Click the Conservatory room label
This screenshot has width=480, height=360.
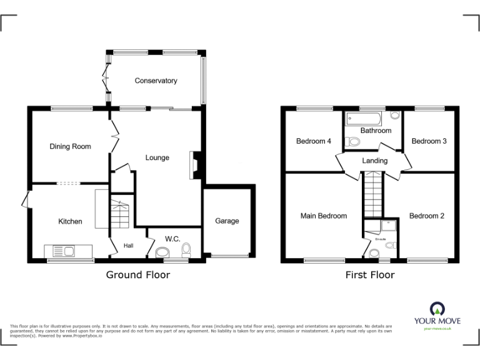[156, 81]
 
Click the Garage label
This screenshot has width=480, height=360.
[227, 221]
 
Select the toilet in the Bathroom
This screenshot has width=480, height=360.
[354, 142]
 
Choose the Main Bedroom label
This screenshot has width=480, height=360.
[323, 216]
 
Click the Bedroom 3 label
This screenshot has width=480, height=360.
[429, 141]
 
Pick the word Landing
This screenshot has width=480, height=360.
[374, 161]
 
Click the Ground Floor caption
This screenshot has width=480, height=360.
[137, 274]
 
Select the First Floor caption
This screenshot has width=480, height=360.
[370, 274]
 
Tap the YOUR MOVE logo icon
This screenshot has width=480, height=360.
[437, 308]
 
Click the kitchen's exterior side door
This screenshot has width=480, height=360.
[25, 200]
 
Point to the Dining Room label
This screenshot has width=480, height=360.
[70, 147]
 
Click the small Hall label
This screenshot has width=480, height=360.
[128, 246]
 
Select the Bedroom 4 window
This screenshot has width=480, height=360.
[314, 109]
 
